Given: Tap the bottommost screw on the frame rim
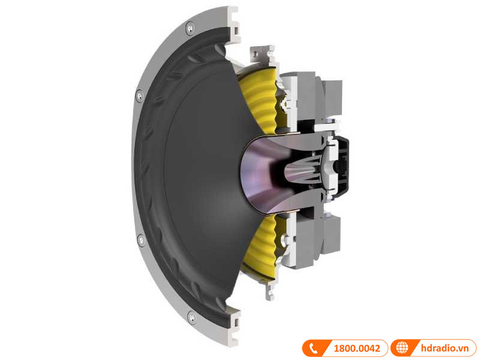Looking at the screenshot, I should (191, 316).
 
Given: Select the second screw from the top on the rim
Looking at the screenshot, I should (139, 95).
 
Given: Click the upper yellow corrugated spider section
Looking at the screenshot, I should (255, 102).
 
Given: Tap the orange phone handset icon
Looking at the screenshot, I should (313, 347).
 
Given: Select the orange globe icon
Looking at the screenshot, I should (402, 347).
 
